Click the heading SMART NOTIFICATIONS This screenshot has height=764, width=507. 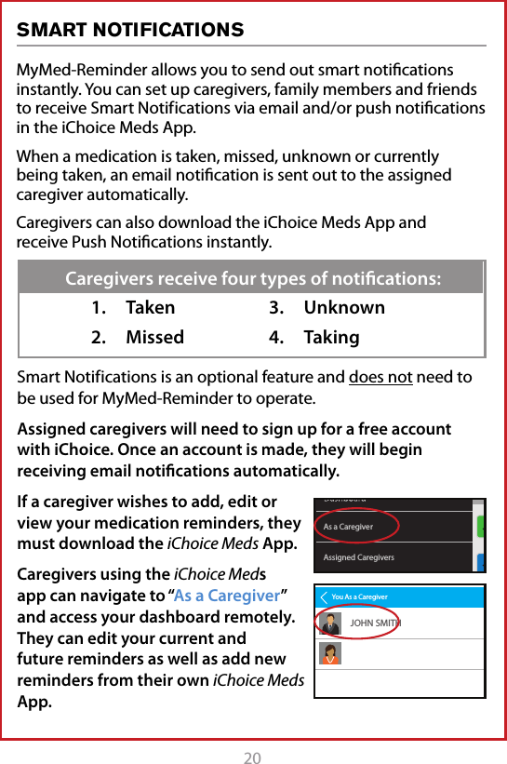coord(130,31)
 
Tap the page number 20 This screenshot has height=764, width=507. coord(253,757)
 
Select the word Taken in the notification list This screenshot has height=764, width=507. coord(150,308)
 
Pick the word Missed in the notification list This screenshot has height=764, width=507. coord(154,338)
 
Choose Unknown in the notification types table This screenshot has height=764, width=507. coord(344,308)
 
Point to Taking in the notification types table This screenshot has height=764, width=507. coord(331,338)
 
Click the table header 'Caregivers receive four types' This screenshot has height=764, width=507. coord(253,278)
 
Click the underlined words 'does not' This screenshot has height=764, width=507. coord(380,377)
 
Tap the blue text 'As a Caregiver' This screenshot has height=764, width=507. coord(227,596)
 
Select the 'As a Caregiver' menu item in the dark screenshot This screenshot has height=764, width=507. coord(349,527)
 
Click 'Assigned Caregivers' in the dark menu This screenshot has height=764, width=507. coord(358,557)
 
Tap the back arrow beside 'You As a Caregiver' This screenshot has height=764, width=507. coord(323,596)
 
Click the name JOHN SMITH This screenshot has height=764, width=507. coord(375,622)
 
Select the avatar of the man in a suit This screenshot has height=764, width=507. coord(329,623)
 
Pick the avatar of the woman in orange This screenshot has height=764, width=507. coord(329,654)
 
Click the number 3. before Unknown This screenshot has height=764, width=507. coord(276,308)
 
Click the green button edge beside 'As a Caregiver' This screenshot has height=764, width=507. coord(480,527)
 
